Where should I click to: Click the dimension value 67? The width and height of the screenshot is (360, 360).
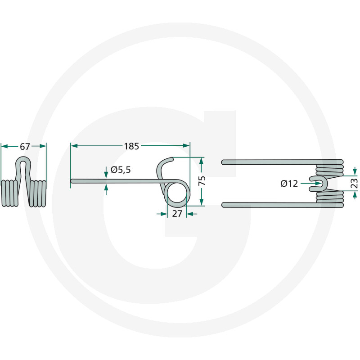click(x=24, y=146)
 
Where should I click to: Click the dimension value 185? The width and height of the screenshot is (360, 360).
click(x=131, y=146)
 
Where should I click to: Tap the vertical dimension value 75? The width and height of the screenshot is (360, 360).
click(x=202, y=181)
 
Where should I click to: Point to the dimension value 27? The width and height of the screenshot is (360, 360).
click(x=177, y=214)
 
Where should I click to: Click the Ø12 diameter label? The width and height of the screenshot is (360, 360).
click(x=289, y=184)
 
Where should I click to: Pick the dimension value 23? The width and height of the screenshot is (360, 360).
click(x=354, y=183)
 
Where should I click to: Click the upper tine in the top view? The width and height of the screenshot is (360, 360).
click(x=270, y=162)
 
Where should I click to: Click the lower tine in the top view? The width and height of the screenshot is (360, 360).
click(x=270, y=205)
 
